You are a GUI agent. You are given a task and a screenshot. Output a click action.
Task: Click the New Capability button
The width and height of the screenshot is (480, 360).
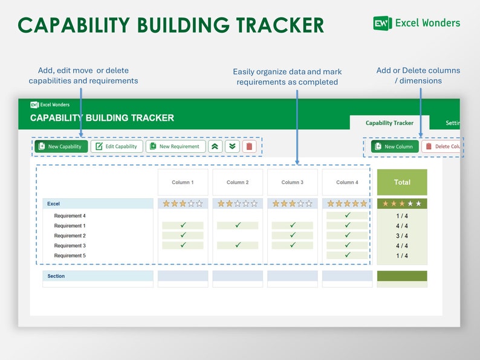point(61,146)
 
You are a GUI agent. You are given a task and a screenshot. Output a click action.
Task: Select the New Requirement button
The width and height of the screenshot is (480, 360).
point(175,146)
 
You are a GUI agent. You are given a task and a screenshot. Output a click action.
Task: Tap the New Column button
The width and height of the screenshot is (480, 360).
point(395,146)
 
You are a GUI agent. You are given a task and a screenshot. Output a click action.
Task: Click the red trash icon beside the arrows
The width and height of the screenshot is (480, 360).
point(249,146)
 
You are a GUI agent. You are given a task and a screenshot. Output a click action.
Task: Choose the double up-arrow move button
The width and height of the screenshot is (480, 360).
point(215,146)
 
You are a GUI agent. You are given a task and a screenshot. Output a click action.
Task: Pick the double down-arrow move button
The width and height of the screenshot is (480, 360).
point(232,146)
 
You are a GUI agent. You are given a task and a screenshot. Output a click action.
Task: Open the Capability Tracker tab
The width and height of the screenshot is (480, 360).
point(389,123)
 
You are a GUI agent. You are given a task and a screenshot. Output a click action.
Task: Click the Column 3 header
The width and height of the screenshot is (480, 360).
point(292,182)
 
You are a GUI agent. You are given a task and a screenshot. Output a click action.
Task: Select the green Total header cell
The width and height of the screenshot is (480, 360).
point(402,182)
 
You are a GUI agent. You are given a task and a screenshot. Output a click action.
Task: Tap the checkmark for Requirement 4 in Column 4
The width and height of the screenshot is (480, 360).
point(347,216)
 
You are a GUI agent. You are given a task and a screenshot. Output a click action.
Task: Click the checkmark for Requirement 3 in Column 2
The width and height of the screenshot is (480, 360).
point(238,245)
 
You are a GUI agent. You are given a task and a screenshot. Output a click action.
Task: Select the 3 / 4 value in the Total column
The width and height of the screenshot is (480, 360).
point(402,236)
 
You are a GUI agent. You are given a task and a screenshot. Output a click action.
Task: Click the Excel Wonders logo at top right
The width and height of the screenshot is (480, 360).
point(417,23)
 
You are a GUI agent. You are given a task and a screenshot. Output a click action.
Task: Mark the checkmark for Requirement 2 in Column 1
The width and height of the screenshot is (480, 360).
point(183,236)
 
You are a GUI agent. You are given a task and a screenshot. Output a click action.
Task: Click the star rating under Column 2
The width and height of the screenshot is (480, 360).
point(238,204)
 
